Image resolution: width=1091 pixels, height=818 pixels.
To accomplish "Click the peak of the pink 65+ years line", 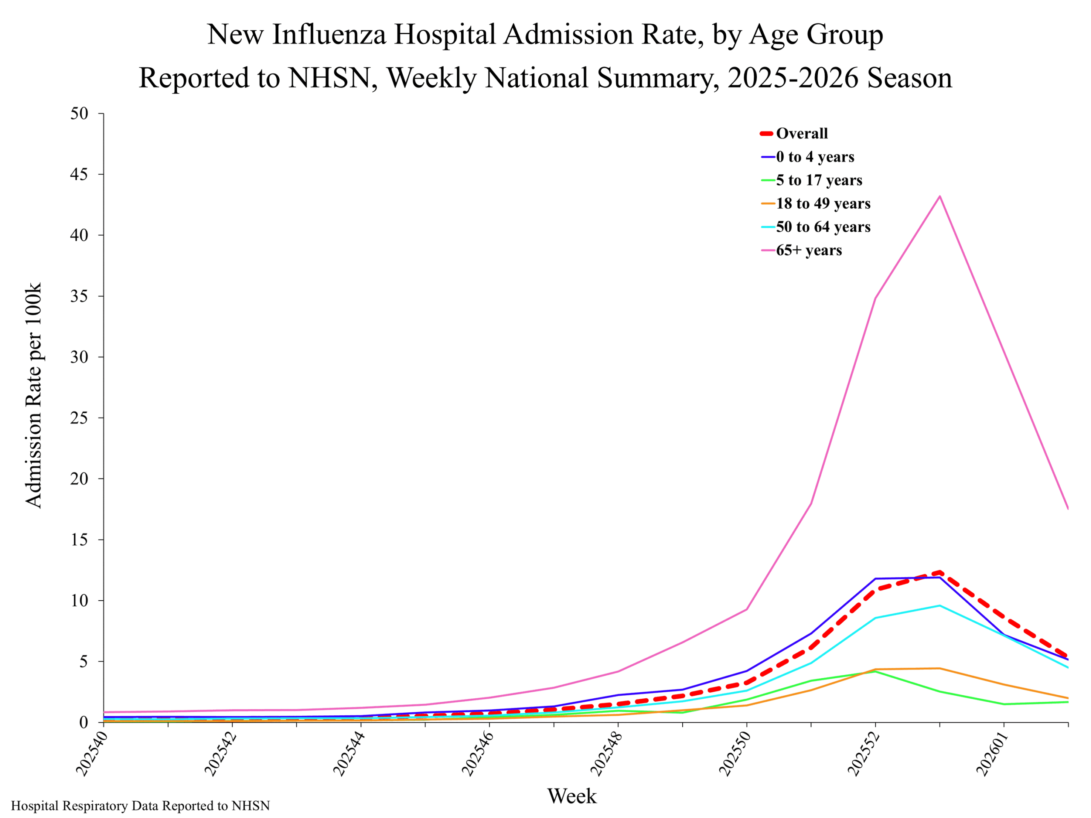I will point(940,196).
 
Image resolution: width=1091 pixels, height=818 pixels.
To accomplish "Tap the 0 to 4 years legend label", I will point(815,157).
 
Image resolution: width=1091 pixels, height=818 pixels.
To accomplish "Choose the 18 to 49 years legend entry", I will point(823,203).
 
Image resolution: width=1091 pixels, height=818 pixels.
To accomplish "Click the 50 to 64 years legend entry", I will point(823,227).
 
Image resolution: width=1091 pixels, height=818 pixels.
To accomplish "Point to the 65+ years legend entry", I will point(808,250).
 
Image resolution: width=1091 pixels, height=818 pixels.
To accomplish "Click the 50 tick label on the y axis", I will point(79,114).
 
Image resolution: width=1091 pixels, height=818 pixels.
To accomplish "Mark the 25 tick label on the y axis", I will point(79,418).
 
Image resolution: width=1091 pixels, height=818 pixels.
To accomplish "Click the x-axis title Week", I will point(571,796).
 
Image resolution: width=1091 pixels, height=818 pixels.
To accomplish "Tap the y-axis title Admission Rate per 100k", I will point(34,395).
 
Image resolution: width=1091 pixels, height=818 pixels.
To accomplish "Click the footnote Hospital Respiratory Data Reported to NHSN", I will point(141,806).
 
